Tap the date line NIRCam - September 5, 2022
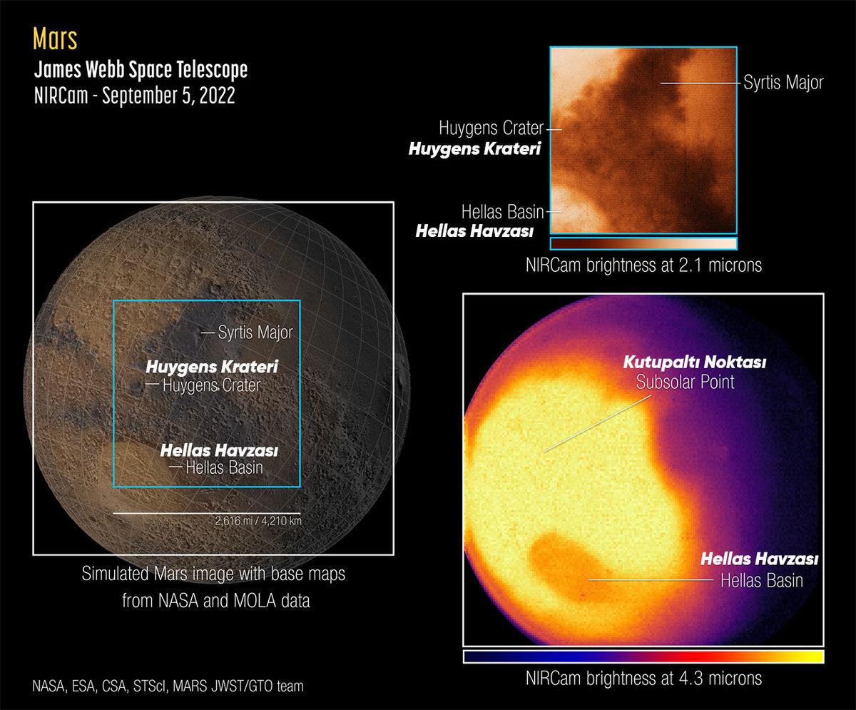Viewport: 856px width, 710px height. click(134, 96)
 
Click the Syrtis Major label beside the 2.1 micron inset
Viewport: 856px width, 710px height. click(784, 83)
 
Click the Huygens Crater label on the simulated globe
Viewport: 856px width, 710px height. click(211, 385)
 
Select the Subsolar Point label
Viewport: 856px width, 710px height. click(685, 382)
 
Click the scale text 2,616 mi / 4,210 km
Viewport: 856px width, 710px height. click(258, 521)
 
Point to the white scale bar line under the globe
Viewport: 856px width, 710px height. click(206, 513)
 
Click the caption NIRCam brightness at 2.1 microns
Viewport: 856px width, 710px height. click(643, 265)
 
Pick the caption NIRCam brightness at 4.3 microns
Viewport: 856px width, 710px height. click(643, 677)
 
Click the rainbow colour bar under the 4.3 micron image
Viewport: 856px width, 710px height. click(643, 656)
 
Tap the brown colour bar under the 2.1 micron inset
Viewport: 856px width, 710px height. click(643, 243)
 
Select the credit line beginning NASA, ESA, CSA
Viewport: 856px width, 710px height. click(168, 686)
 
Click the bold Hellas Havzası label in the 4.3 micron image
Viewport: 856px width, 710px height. click(759, 559)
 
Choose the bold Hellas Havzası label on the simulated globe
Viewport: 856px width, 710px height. click(219, 451)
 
